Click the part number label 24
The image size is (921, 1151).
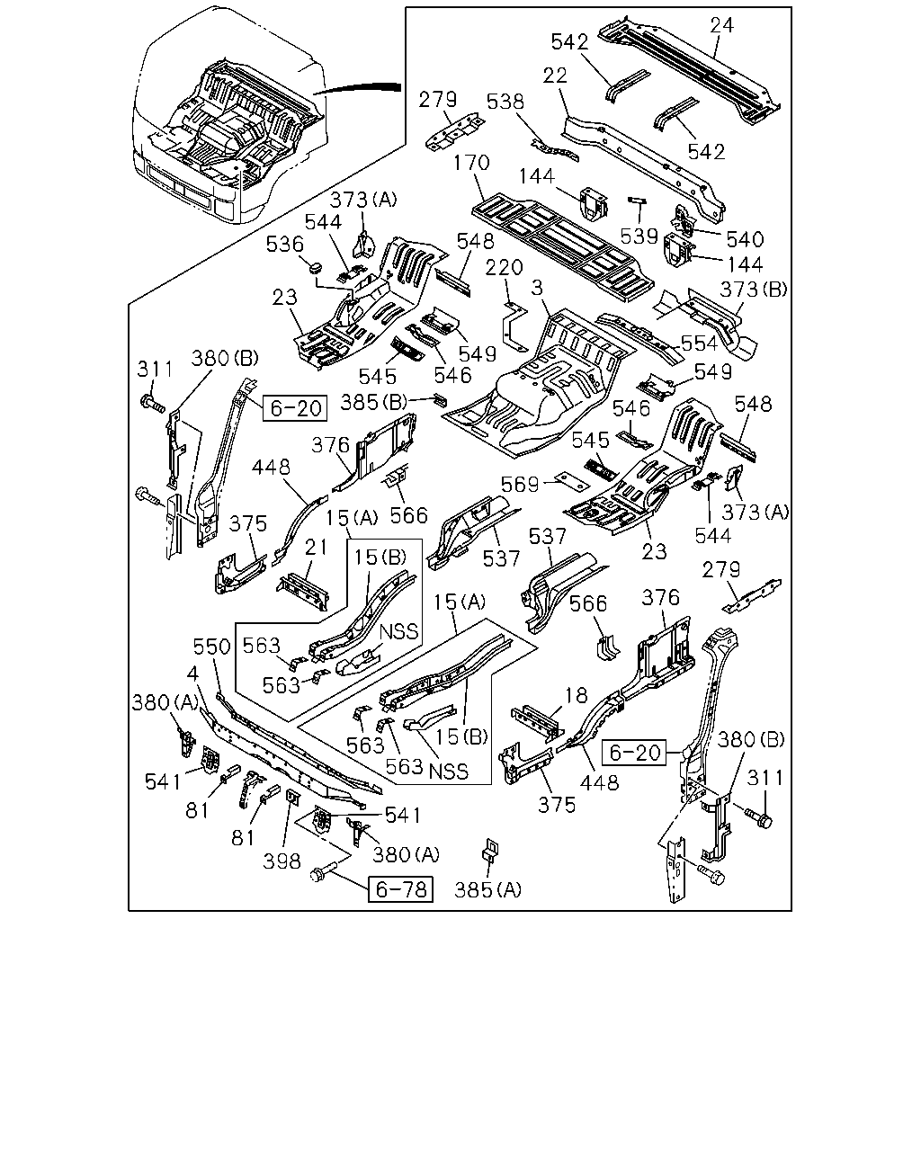722,25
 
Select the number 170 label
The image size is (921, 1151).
471,163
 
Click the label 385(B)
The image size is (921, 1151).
374,402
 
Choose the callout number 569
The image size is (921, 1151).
520,485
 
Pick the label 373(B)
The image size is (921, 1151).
754,290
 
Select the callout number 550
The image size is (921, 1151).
212,647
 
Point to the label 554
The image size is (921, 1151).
699,344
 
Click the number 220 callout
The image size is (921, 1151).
504,267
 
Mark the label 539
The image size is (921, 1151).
639,236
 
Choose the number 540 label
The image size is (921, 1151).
745,239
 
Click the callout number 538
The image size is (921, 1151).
505,102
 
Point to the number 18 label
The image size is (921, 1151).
576,695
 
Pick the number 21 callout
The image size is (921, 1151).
316,547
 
